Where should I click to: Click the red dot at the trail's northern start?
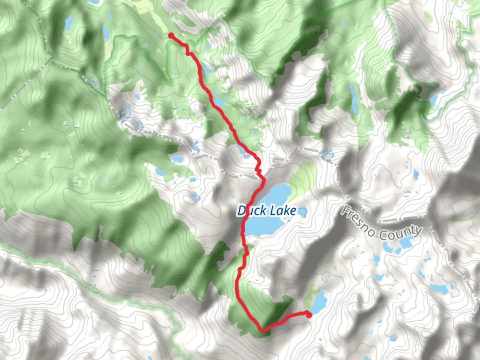point(171,35)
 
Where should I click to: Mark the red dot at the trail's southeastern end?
point(309,315)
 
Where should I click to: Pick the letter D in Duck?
point(242,211)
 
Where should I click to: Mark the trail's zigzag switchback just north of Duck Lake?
point(258,168)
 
